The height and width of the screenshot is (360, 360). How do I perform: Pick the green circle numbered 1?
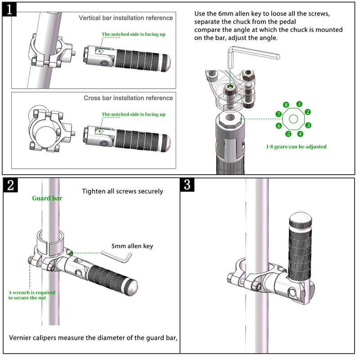pos(299,104)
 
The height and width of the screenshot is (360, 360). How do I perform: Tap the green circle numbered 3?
pos(308,126)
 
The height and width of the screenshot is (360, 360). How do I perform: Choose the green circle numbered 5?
pos(288,134)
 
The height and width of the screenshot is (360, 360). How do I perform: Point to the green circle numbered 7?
pos(279,114)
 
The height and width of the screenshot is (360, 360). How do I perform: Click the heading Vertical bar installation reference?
pos(126,18)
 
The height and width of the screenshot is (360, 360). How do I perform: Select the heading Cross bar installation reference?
pos(128,98)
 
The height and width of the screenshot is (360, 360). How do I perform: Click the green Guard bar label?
pos(47,198)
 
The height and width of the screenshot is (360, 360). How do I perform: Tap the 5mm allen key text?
pos(133,246)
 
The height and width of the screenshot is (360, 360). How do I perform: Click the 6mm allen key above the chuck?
pos(252,56)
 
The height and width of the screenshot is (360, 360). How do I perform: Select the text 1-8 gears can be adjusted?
pos(296,146)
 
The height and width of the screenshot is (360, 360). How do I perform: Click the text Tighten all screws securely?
pos(122,191)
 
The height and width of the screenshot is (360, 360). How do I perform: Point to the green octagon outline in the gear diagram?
pos(294,119)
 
